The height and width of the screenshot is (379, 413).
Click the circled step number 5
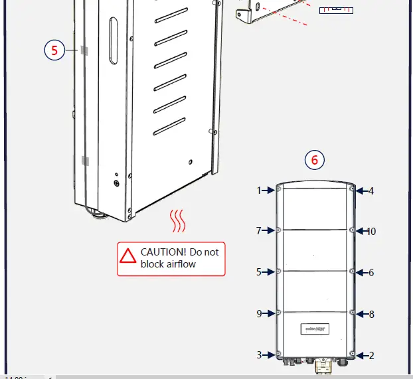coord(54,50)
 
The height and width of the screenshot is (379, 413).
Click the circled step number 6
coord(315,159)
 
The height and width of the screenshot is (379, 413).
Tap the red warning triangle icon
coord(127,255)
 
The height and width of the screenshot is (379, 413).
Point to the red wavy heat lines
coord(177,222)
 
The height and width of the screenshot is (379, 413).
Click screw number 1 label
coord(260,190)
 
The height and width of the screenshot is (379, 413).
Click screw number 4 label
coord(371,190)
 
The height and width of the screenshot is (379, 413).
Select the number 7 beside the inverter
coord(260,231)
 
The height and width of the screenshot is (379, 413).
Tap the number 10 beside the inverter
coord(371,232)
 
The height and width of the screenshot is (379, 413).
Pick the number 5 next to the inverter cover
coord(260,272)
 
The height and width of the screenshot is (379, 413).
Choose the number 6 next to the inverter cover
coord(371,272)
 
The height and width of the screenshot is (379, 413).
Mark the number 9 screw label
coord(260,313)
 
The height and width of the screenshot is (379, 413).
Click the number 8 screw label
coord(371,313)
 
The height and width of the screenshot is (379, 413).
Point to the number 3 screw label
coord(260,355)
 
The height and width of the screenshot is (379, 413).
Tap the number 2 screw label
coord(371,355)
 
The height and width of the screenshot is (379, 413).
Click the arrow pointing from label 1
coord(269,190)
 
